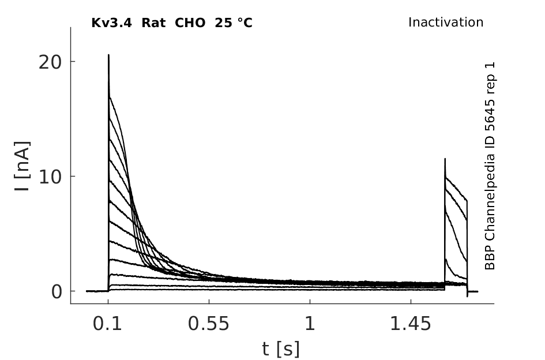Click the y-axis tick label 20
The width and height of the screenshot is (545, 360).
50,63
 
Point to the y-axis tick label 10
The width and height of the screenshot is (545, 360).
50,177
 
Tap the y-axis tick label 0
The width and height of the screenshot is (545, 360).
56,292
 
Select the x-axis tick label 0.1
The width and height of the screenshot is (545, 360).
107,324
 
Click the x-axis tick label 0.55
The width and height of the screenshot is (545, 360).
209,324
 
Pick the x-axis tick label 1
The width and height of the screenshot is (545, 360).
310,324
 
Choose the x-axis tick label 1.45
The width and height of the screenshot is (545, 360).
411,324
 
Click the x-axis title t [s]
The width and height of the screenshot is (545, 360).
280,349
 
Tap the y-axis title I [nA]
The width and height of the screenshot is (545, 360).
22,166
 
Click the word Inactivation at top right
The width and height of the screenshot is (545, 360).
446,22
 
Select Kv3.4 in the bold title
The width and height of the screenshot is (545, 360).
111,23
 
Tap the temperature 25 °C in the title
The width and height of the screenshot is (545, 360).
234,23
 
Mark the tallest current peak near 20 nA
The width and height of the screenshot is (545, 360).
108,55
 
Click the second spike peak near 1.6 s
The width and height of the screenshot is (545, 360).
445,159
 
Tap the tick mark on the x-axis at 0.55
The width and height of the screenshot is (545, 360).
209,301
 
